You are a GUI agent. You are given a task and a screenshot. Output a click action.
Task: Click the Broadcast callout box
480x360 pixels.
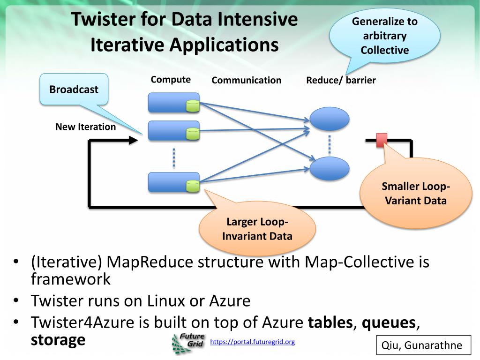[74, 90]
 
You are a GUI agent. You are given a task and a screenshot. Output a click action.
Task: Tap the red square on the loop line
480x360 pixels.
[382, 140]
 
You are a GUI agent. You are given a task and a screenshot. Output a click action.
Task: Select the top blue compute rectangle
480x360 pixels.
[173, 103]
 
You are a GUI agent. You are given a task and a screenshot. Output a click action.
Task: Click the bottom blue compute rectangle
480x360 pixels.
[173, 182]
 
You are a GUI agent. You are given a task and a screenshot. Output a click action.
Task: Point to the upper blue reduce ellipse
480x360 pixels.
[330, 119]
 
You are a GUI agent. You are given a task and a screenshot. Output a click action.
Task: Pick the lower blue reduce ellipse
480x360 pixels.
[330, 168]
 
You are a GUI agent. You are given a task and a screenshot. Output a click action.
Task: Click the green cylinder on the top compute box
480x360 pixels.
[193, 106]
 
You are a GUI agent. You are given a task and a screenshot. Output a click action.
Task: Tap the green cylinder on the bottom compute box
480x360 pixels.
[193, 186]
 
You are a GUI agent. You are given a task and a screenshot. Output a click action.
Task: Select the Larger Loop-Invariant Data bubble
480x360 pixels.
[257, 229]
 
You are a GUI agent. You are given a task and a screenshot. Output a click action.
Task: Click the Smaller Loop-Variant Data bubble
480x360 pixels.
[416, 194]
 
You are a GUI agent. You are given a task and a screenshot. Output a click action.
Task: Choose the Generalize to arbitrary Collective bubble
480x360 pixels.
[385, 36]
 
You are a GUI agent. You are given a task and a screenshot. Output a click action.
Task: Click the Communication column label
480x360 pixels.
[247, 80]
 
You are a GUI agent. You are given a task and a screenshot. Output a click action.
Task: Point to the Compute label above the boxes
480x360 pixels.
[171, 80]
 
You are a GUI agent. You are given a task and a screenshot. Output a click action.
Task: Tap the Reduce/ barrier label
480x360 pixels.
[341, 80]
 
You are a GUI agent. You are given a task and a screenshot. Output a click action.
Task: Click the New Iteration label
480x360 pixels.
[86, 127]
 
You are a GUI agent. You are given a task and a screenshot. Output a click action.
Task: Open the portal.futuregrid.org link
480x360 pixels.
[253, 342]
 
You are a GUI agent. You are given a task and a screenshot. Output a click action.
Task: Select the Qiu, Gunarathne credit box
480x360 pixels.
[424, 345]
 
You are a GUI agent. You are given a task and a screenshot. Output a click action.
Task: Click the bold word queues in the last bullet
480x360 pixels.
[389, 322]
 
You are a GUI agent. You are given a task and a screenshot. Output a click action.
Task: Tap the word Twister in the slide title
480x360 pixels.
[104, 19]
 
